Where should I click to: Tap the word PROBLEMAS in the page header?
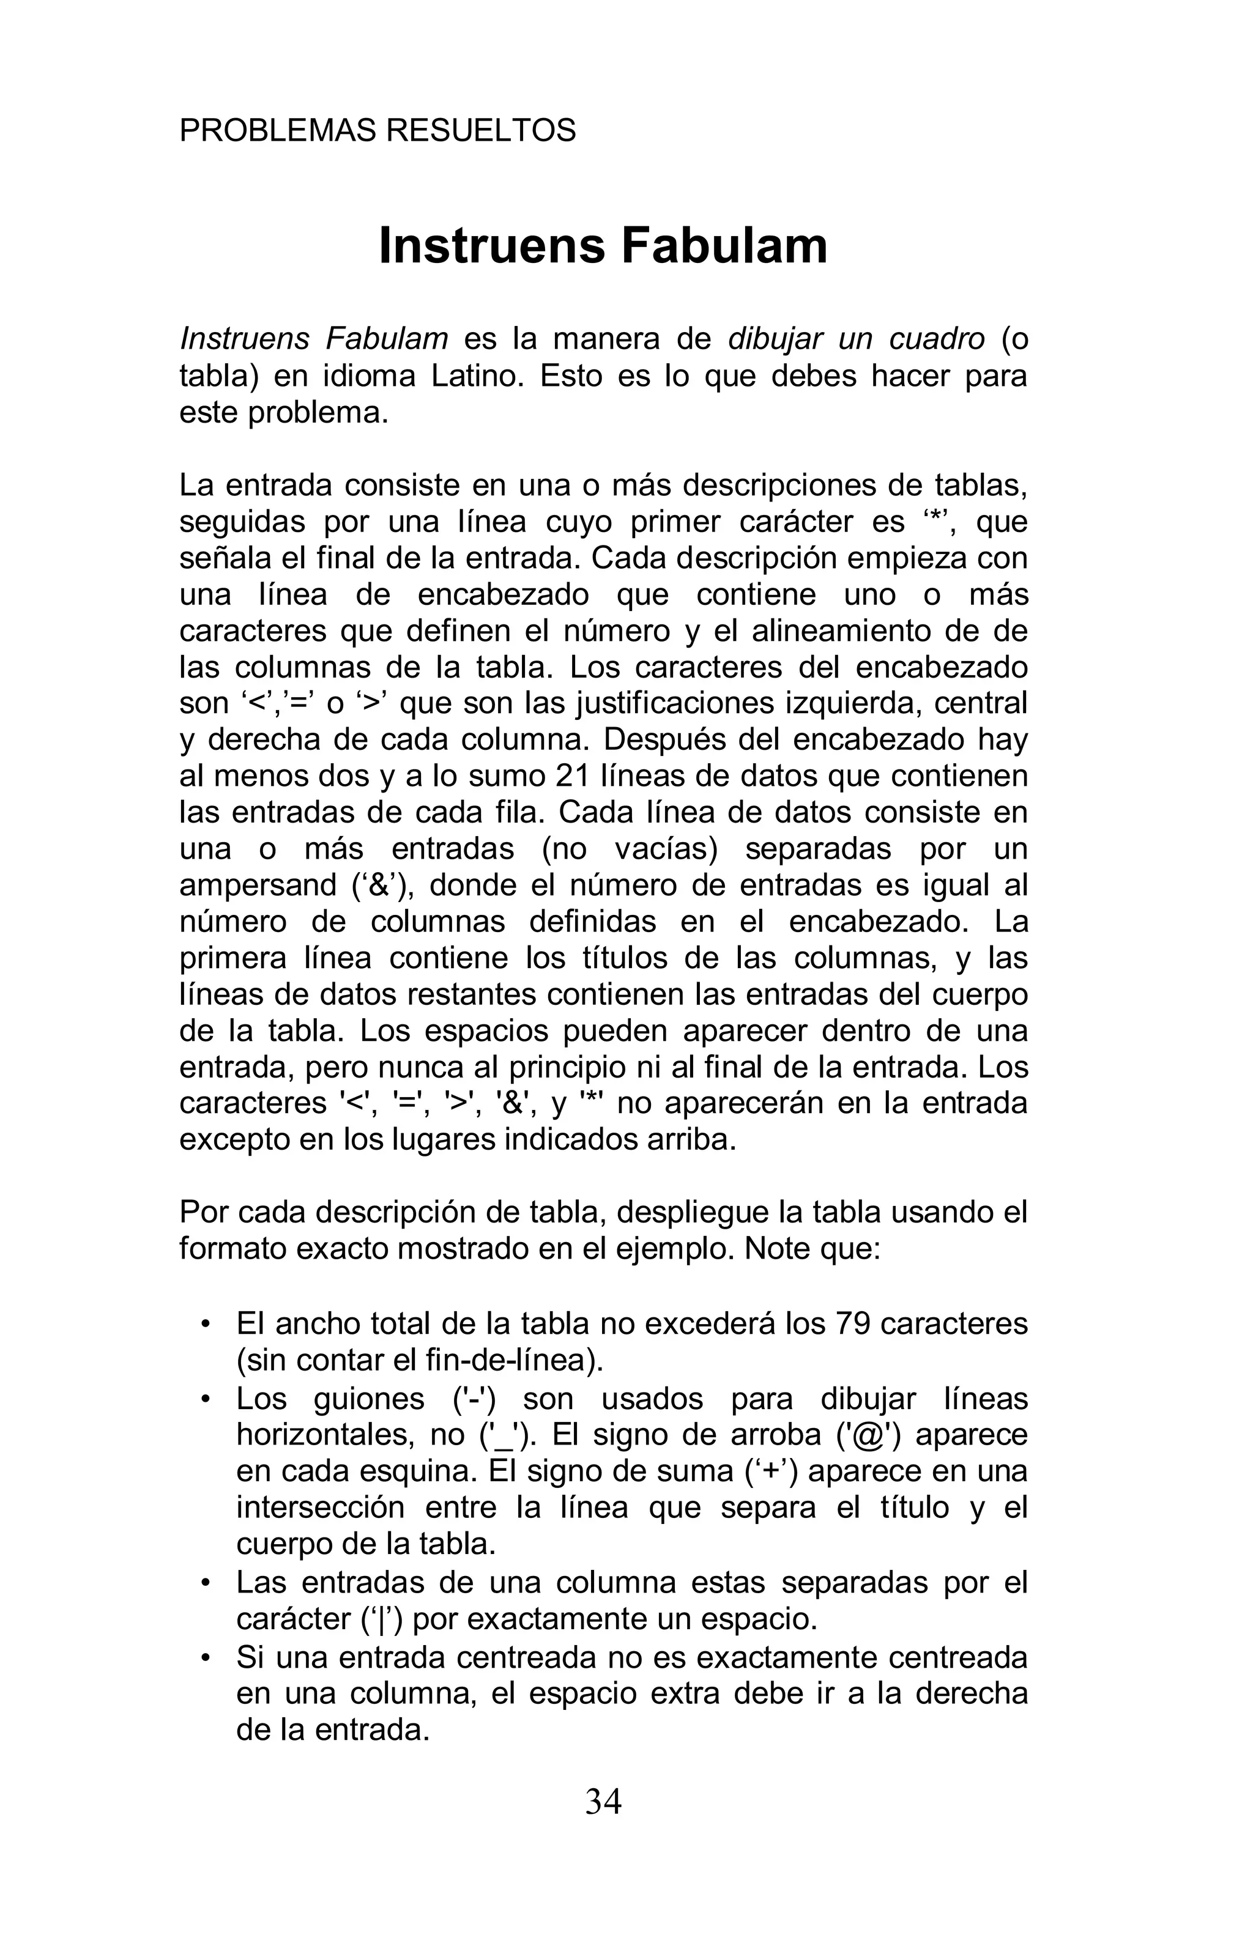coord(277,130)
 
